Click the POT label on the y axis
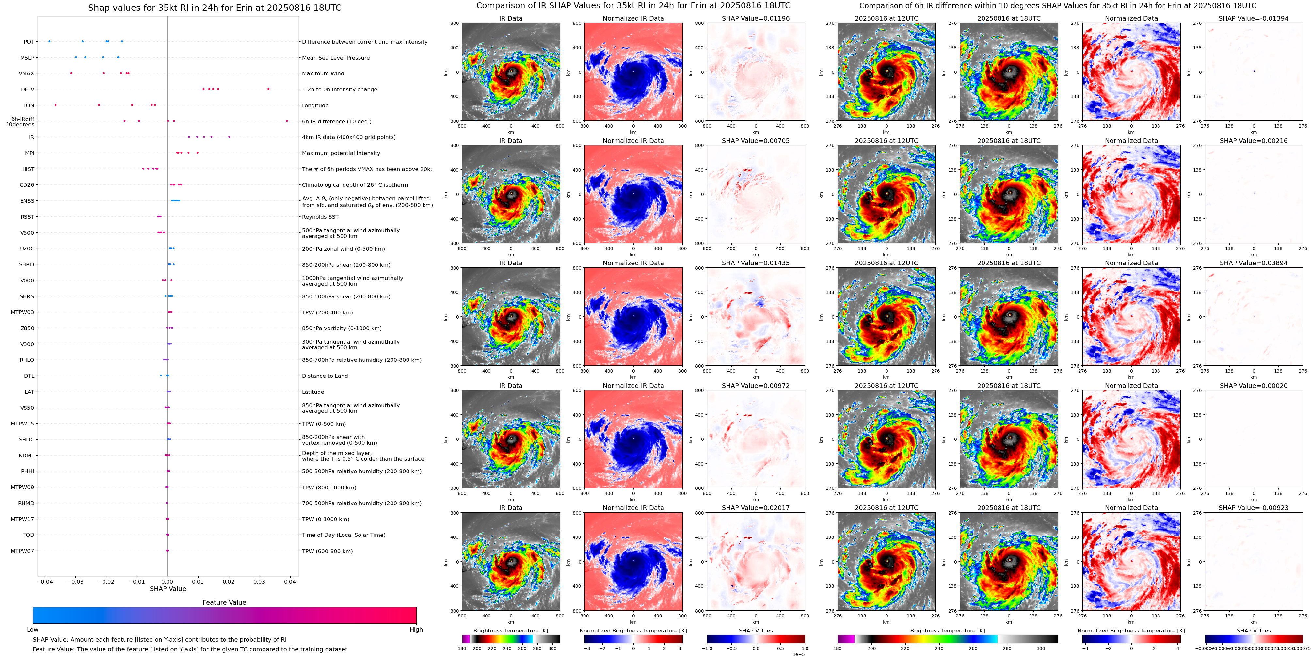[x=29, y=42]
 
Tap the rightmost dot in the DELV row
[x=268, y=89]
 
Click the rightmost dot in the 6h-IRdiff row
[x=287, y=121]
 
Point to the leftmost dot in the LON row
[x=56, y=105]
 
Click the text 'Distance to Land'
[x=325, y=376]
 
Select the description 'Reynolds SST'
[x=320, y=217]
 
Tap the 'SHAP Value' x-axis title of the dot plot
[x=168, y=589]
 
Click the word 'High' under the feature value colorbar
[x=416, y=630]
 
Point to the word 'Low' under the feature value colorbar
[x=33, y=630]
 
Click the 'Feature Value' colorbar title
[x=224, y=602]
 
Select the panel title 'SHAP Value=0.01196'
[x=756, y=18]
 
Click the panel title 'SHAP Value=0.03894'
[x=1254, y=263]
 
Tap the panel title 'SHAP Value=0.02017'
[x=756, y=508]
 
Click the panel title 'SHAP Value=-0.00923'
[x=1254, y=508]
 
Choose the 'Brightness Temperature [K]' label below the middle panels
[x=510, y=631]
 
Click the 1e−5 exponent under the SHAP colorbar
[x=798, y=654]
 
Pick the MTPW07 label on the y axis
[x=23, y=551]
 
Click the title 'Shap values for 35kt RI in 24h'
[x=214, y=8]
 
